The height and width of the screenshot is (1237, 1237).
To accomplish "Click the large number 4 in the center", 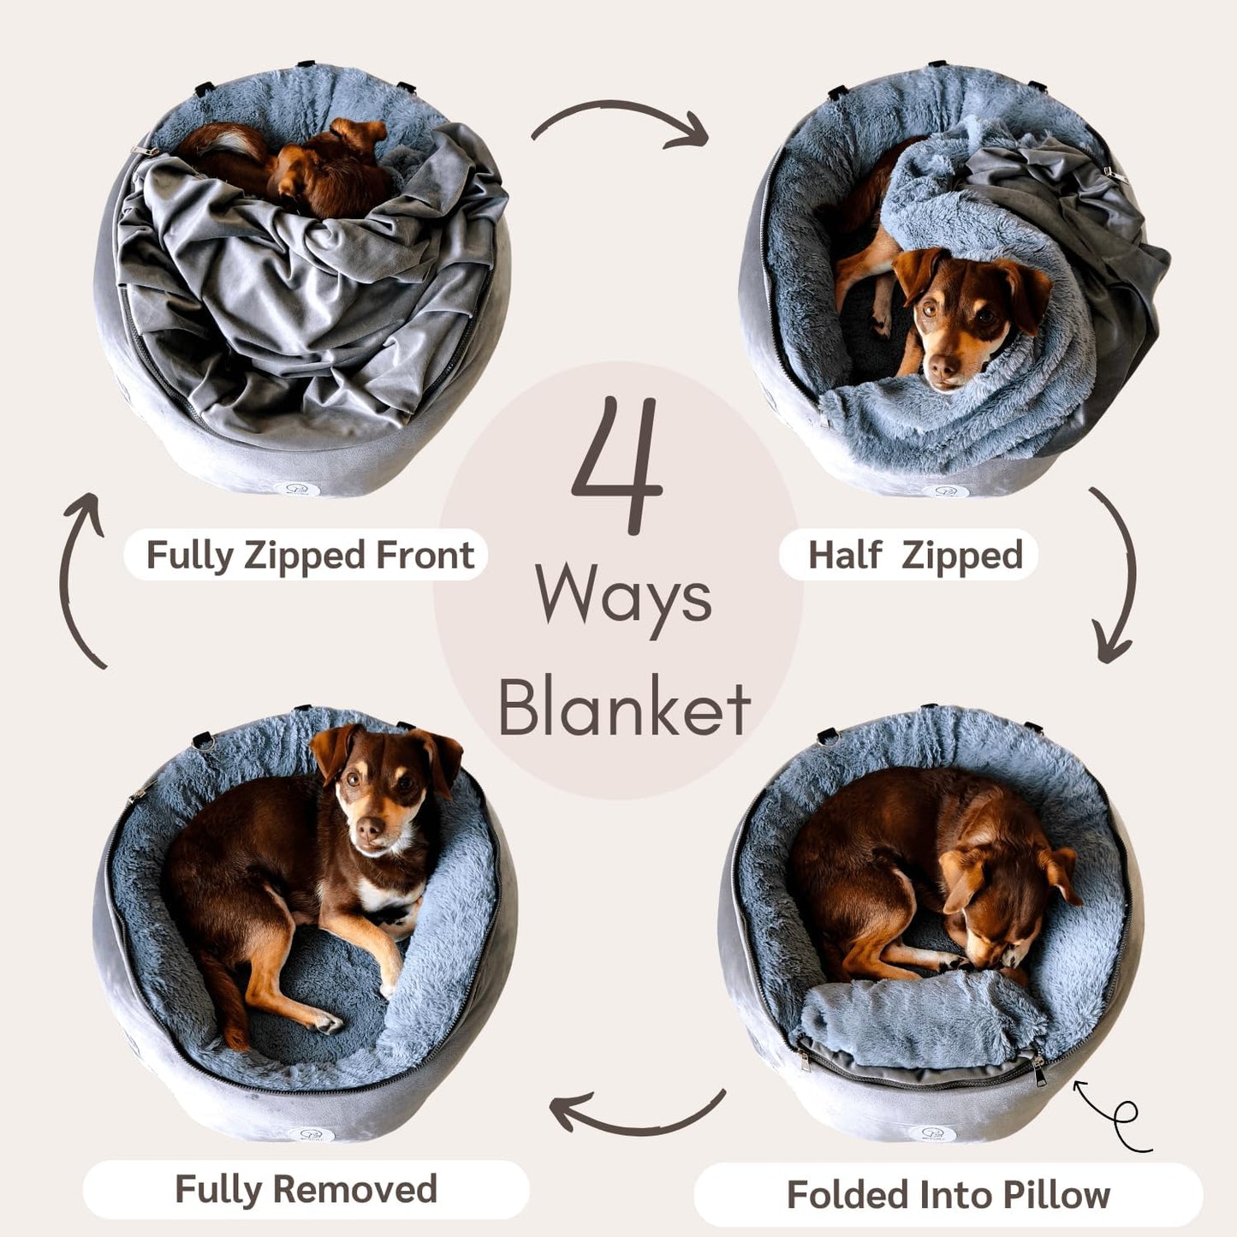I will point(618,464).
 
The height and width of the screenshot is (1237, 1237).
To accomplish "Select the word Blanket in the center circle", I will point(624,709).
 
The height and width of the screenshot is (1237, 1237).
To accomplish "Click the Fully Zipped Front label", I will point(309,555).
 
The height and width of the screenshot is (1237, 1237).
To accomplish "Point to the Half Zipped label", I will point(914,555).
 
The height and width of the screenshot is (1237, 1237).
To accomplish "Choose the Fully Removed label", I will point(306,1189).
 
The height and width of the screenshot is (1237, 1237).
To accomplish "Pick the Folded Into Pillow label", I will point(948,1194).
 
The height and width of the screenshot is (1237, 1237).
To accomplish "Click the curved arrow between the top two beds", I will point(620,121).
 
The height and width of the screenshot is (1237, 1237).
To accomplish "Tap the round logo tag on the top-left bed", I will point(303,490).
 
